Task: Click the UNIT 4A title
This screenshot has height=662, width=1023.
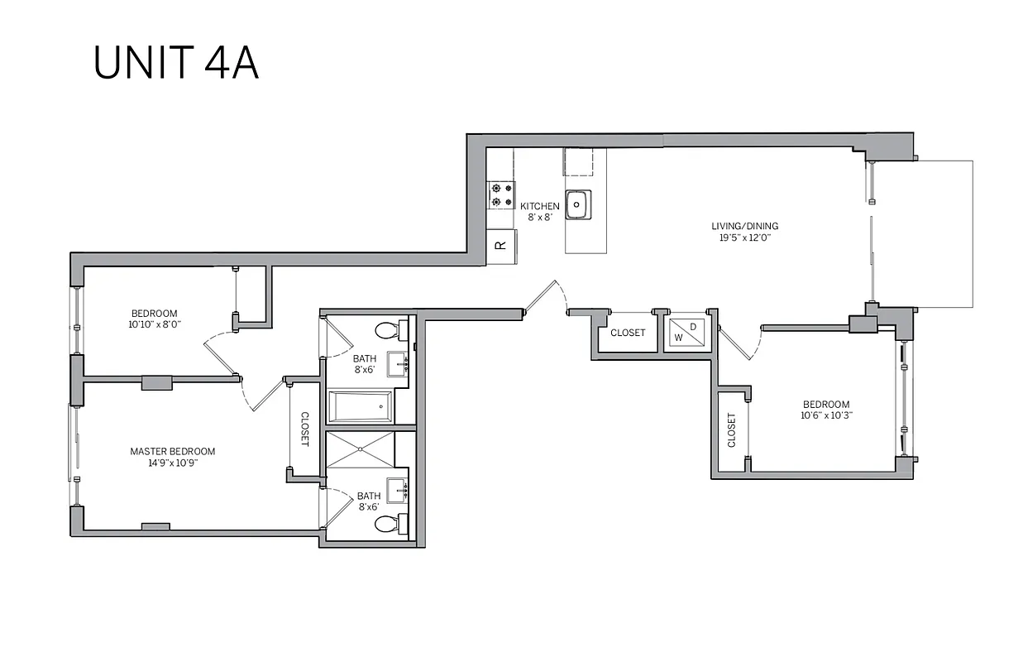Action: click(176, 61)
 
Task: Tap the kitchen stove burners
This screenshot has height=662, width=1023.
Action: click(501, 194)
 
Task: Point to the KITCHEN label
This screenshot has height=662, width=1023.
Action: click(539, 206)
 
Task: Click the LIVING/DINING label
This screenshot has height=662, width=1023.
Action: click(744, 226)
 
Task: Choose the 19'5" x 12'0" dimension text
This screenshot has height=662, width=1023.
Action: click(744, 237)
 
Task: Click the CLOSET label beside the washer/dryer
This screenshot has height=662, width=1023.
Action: click(628, 333)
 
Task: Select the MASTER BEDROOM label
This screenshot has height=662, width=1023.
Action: click(172, 452)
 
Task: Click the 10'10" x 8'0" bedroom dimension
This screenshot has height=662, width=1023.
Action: click(154, 324)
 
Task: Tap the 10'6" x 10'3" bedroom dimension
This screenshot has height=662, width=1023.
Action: click(826, 416)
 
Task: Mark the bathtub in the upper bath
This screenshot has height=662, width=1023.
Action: click(361, 406)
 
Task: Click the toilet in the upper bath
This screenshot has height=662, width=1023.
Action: click(386, 331)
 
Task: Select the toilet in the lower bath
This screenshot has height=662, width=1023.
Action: click(386, 523)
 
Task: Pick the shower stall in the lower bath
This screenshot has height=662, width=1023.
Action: click(361, 449)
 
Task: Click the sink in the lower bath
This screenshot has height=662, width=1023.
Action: click(399, 489)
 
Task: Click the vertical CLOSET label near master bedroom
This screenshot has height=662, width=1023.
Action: click(304, 429)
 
